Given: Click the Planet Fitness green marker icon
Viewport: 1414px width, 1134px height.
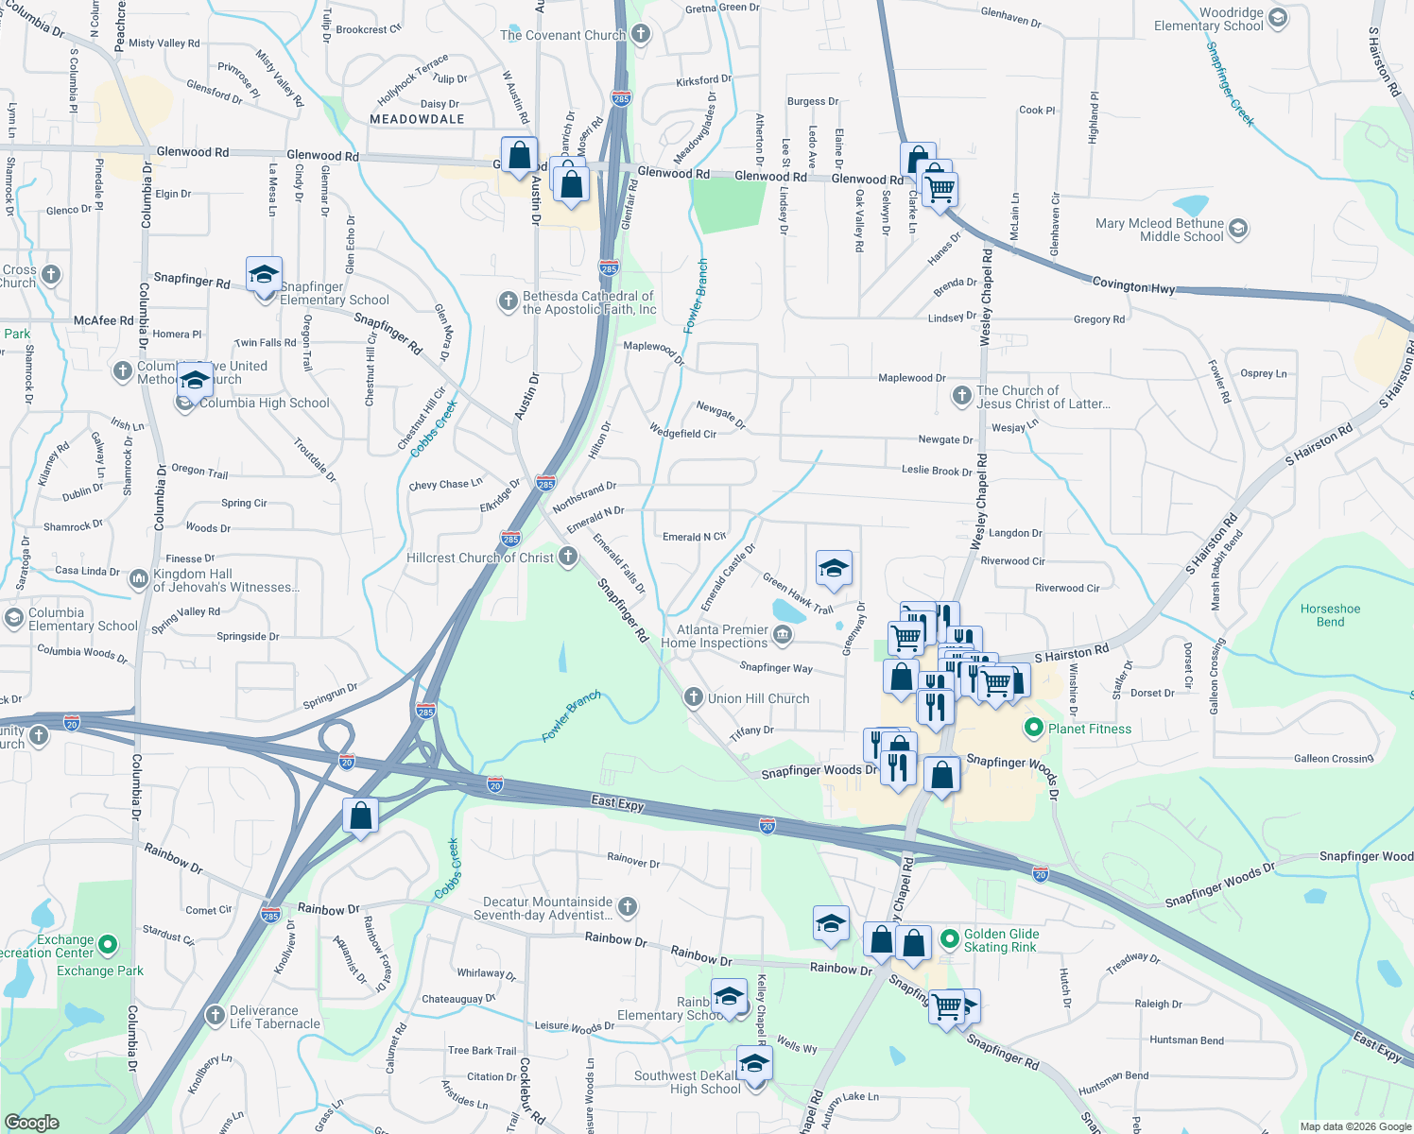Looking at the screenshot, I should tap(1033, 729).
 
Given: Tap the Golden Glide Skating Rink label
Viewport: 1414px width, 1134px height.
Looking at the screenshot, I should tap(1001, 940).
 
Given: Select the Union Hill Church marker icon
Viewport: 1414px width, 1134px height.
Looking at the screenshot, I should tap(693, 698).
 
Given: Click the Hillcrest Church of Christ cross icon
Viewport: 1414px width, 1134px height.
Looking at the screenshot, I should tap(568, 557).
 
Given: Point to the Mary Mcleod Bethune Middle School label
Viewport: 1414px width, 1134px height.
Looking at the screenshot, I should tap(1159, 230).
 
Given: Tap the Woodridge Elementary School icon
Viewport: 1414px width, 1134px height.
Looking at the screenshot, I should tap(1278, 18).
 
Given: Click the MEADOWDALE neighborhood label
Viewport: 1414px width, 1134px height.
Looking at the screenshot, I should tap(417, 119).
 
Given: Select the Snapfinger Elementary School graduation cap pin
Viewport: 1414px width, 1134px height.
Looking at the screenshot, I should tap(264, 275).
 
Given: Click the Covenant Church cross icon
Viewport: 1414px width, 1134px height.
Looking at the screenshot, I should tap(641, 35).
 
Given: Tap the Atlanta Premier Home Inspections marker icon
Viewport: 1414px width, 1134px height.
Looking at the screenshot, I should tap(782, 635).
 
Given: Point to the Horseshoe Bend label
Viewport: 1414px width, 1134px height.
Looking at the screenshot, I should tap(1330, 615).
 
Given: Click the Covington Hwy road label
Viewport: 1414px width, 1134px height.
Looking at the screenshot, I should tap(1133, 284).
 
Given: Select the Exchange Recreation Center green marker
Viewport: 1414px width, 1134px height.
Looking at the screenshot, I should tap(108, 944).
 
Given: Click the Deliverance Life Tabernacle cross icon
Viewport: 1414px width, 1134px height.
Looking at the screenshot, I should tap(216, 1016).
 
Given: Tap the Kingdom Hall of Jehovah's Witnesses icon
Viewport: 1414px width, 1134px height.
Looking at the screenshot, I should tap(139, 577).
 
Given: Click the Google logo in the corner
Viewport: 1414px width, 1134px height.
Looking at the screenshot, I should tap(32, 1122).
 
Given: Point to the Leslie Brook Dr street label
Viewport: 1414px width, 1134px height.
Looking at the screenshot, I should tap(936, 470).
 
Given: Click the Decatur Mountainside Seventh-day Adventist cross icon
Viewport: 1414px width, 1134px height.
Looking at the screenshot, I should tap(627, 907).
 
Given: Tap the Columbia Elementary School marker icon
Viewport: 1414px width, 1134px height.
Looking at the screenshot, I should tap(13, 618).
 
